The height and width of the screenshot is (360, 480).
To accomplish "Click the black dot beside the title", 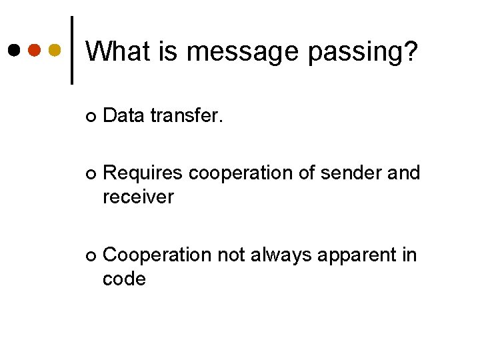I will [x=14, y=50].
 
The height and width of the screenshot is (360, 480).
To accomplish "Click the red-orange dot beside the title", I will [x=35, y=50].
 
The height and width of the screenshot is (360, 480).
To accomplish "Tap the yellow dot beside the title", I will [x=55, y=50].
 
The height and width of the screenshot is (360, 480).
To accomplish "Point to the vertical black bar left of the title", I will [x=72, y=50].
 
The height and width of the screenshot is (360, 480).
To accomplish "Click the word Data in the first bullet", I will [x=124, y=116].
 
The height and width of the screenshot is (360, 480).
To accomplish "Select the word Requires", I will [x=143, y=174].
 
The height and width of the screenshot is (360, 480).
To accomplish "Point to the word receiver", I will [x=138, y=197].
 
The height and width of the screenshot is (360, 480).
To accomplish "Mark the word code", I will [x=124, y=279].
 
